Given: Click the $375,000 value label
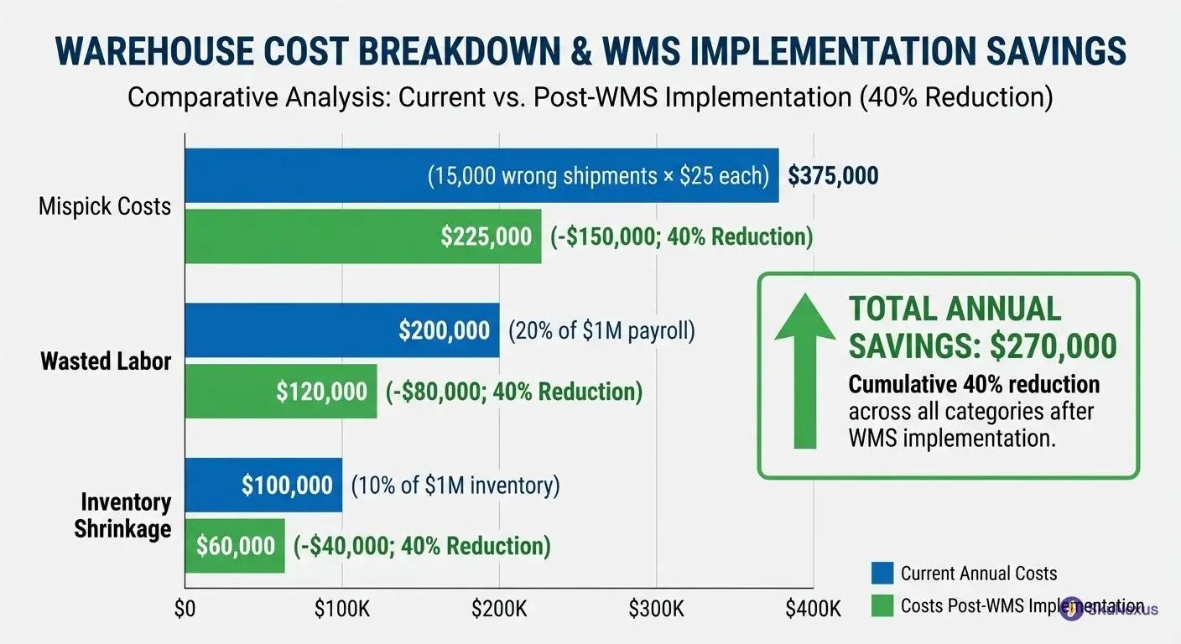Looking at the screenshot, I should [x=833, y=176].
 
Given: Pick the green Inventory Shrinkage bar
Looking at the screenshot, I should [x=235, y=546].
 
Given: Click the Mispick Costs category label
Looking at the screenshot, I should [x=105, y=206].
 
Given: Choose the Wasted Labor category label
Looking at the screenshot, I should [x=106, y=361].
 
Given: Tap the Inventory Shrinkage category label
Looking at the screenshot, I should [x=124, y=516].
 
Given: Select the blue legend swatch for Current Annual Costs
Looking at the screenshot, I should [x=882, y=574].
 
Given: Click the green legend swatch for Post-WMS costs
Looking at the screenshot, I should [x=882, y=606].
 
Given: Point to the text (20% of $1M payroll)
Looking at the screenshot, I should [x=601, y=330].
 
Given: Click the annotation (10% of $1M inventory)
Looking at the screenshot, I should [x=455, y=486].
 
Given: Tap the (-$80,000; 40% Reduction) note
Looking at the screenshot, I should [x=513, y=392].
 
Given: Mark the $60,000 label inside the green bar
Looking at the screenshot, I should [x=236, y=546].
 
